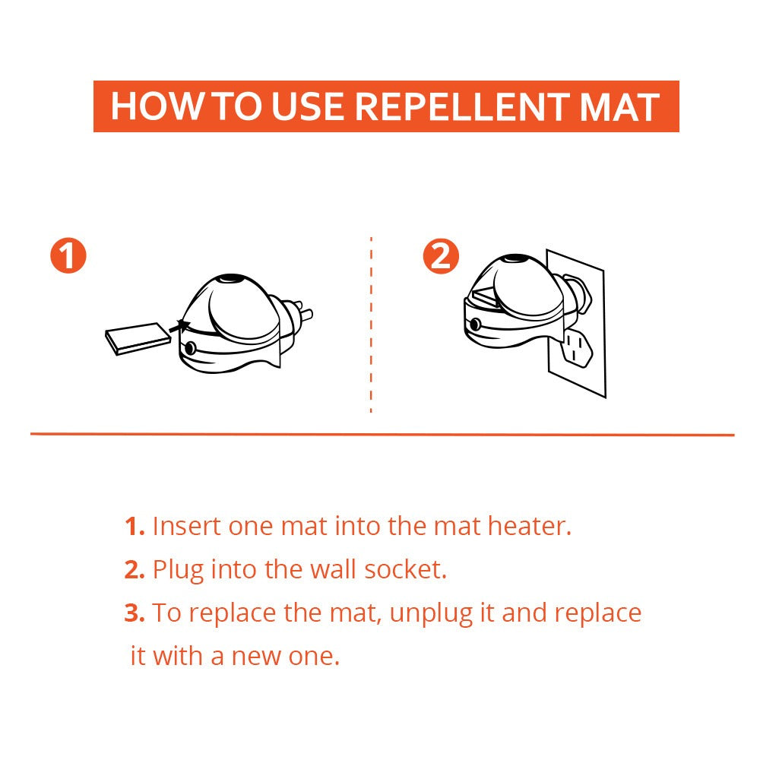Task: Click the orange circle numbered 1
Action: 68,256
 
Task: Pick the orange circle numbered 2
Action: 441,256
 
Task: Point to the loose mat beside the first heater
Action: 137,337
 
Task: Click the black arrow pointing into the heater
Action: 181,328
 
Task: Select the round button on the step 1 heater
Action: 189,348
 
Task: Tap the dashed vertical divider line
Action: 371,327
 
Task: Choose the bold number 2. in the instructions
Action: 135,569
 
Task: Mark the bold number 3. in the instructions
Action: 135,613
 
